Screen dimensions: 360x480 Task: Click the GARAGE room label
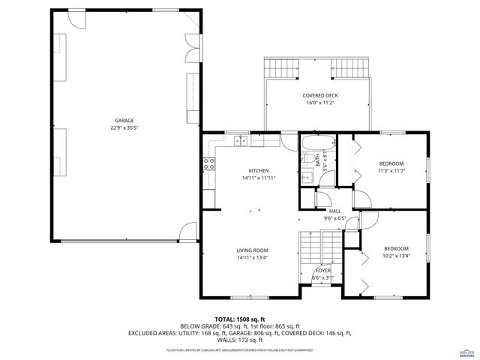[124, 120]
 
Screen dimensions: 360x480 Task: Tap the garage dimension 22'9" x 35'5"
[124, 127]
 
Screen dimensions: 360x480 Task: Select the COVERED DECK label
[320, 96]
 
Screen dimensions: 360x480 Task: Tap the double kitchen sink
[241, 140]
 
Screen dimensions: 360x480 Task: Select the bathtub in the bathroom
[316, 142]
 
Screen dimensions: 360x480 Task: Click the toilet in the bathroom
[307, 158]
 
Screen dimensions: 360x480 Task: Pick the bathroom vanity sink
[307, 177]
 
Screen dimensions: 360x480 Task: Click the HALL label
[334, 211]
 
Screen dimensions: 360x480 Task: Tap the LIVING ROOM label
[252, 250]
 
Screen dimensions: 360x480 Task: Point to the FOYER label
[322, 270]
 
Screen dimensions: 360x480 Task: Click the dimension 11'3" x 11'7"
[391, 171]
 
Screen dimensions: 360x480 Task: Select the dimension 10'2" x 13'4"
[395, 256]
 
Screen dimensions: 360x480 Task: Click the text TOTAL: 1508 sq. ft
[240, 319]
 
